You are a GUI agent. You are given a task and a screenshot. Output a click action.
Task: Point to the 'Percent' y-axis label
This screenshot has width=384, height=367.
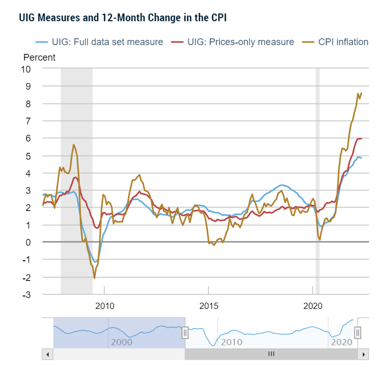39,58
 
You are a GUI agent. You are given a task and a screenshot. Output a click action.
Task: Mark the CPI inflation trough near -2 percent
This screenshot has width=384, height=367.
94,278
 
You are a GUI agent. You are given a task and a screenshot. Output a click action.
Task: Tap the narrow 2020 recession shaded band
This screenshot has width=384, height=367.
318,181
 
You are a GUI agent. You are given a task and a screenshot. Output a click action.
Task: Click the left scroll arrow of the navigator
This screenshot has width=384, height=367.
47,354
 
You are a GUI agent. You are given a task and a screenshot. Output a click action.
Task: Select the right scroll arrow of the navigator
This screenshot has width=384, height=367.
364,354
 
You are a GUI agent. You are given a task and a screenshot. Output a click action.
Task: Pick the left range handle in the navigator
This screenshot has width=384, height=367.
185,333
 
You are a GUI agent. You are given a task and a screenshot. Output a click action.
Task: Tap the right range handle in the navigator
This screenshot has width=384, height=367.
357,333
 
